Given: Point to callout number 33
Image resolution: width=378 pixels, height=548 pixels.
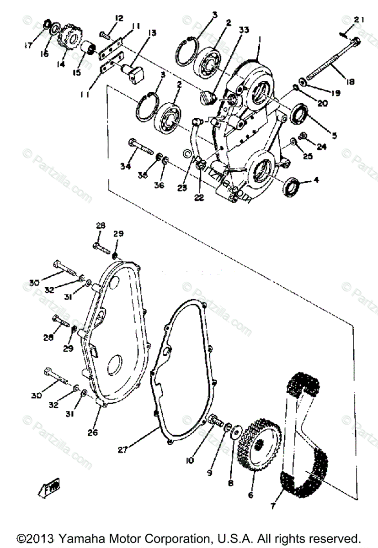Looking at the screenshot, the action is click(x=244, y=30).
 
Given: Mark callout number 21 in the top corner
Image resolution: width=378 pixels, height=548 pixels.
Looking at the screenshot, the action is click(x=359, y=19).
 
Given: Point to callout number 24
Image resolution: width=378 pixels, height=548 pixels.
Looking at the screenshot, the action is click(x=335, y=147).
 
